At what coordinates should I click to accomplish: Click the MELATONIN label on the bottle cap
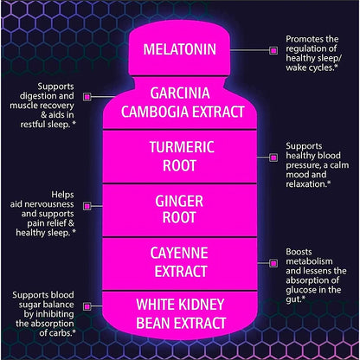click(180, 49)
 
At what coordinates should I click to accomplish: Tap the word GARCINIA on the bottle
click(180, 93)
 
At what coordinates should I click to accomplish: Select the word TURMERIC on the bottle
click(182, 147)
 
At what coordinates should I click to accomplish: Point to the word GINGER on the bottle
click(179, 201)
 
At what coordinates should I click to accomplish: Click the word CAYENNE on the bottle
click(179, 253)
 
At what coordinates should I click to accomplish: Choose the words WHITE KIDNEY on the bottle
click(180, 305)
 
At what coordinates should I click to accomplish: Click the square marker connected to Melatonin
click(273, 50)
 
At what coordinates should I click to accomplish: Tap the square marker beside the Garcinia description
click(87, 96)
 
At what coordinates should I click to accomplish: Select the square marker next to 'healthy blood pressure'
click(273, 157)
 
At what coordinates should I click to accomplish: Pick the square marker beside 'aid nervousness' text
click(87, 206)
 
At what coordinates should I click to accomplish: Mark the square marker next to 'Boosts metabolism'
click(273, 263)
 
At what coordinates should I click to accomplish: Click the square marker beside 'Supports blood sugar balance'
click(87, 306)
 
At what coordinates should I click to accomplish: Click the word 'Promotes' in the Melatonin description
click(304, 39)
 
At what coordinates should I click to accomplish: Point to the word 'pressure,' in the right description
click(303, 165)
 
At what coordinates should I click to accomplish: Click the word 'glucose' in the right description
click(300, 290)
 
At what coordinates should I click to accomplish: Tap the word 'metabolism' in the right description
click(309, 261)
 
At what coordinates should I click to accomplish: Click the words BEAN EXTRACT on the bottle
click(181, 323)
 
